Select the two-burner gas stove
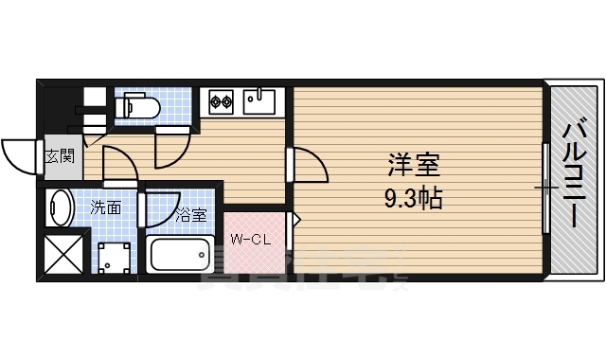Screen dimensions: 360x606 (x=222, y=99)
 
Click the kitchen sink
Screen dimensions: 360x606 (x=258, y=99)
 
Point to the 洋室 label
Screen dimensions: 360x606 (x=414, y=166)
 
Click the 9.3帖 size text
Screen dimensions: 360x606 (x=414, y=199)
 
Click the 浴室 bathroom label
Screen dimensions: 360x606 (x=191, y=215)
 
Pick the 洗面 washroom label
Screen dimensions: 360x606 (x=105, y=207)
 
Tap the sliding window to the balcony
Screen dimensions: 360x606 (x=546, y=189)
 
